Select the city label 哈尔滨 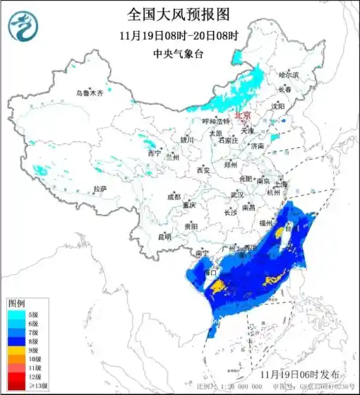click(x=288, y=74)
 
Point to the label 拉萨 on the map click(x=100, y=189)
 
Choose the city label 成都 click(x=174, y=196)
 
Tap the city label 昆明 click(x=164, y=237)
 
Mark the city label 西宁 click(x=154, y=153)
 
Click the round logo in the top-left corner click(x=23, y=27)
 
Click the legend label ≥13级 click(x=38, y=386)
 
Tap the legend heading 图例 click(x=16, y=302)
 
